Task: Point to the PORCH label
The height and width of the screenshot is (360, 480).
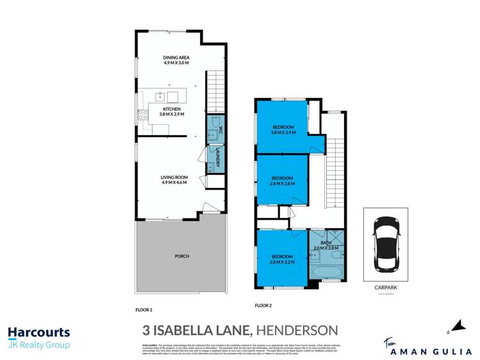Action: (x=181, y=256)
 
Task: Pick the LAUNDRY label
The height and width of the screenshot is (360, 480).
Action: (x=218, y=158)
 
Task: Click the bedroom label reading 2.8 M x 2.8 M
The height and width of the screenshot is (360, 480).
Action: (x=282, y=180)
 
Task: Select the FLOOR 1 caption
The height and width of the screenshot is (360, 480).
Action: (x=144, y=309)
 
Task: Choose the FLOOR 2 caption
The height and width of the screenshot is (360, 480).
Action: (x=263, y=305)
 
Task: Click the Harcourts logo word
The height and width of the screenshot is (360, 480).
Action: (x=39, y=332)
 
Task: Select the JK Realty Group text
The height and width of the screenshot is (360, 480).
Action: (x=39, y=345)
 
